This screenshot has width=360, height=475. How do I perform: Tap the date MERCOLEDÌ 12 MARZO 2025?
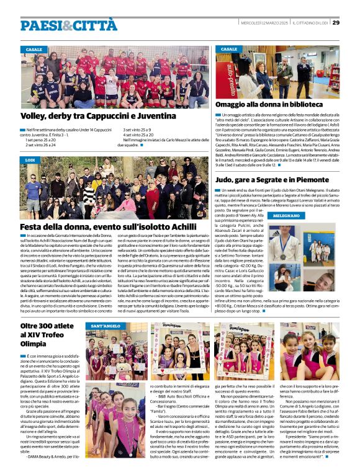[259, 24]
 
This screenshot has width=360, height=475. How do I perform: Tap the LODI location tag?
[30, 160]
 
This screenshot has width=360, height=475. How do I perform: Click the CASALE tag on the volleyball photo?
[34, 49]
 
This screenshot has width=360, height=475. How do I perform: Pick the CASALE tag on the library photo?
[229, 49]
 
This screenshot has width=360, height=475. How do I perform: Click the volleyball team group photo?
[115, 76]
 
